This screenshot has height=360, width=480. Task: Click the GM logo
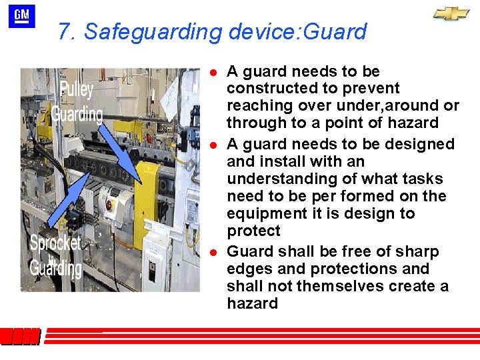pyautogui.click(x=22, y=16)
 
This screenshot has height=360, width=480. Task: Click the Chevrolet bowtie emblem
pyautogui.click(x=451, y=14)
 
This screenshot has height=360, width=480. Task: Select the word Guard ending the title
pyautogui.click(x=339, y=31)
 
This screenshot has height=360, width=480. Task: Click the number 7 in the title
pyautogui.click(x=64, y=31)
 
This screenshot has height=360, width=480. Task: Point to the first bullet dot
pyautogui.click(x=212, y=71)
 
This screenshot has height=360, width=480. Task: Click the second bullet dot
pyautogui.click(x=212, y=144)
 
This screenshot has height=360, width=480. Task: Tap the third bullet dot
pyautogui.click(x=212, y=252)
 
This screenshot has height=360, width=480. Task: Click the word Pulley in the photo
pyautogui.click(x=77, y=89)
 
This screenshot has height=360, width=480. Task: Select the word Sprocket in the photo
pyautogui.click(x=55, y=243)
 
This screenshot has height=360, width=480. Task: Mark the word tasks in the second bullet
pyautogui.click(x=425, y=179)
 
